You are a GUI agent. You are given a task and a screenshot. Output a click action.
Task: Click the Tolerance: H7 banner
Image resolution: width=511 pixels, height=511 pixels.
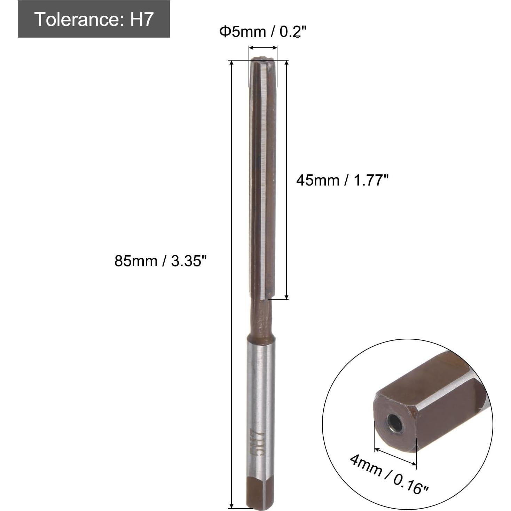point(94,19)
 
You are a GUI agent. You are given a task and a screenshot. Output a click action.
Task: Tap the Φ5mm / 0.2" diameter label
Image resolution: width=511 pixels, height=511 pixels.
point(262,32)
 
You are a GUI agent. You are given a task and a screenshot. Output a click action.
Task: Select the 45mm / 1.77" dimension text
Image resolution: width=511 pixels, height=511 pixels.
point(342,180)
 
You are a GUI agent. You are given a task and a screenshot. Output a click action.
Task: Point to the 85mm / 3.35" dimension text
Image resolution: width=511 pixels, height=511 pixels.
point(160,260)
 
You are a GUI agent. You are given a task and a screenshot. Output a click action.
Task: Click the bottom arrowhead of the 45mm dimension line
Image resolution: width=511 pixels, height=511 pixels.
point(286,296)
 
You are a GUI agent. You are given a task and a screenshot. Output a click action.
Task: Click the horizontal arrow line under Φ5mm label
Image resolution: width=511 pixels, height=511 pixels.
point(263,48)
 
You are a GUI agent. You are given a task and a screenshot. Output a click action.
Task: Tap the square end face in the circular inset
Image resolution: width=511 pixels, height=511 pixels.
point(395,423)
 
